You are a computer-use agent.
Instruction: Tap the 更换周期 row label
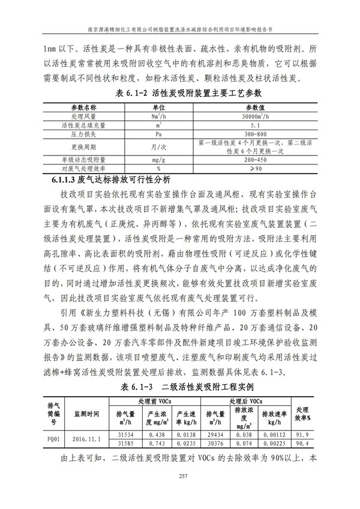click(x=83, y=148)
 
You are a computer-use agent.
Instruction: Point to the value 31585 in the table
click(x=126, y=444)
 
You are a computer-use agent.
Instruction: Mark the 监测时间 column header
click(x=88, y=414)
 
